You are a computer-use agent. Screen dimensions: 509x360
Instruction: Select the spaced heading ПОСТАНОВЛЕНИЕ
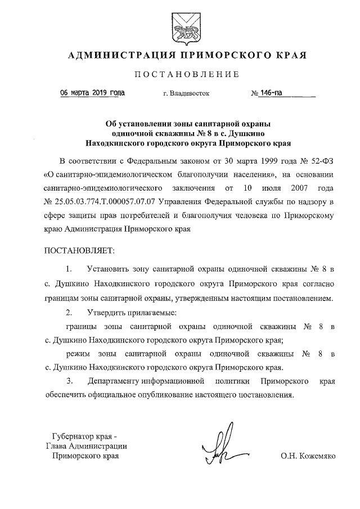click(x=186, y=74)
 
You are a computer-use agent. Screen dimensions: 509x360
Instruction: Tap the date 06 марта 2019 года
click(x=93, y=93)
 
